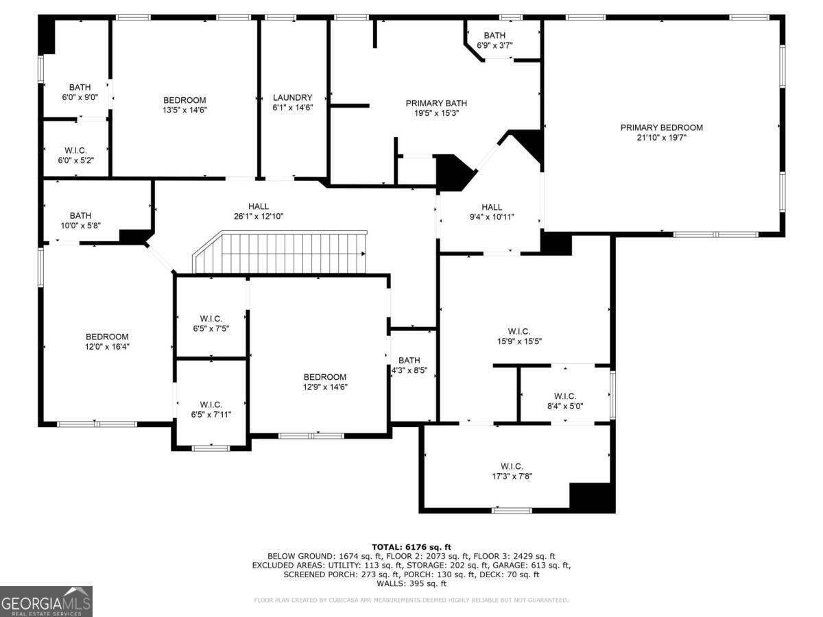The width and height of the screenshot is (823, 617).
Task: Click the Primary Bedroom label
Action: (661, 128)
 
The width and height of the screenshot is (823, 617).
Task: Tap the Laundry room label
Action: (292, 98)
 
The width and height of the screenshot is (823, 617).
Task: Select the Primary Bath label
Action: (431, 104)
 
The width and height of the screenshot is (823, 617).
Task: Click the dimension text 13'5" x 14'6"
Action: (184, 110)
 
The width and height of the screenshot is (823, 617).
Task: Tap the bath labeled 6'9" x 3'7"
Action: (494, 40)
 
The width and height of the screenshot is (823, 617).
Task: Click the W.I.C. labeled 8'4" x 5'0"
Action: (564, 400)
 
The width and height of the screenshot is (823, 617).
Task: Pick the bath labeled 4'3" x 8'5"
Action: (409, 365)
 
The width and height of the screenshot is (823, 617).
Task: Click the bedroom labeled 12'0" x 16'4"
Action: (107, 341)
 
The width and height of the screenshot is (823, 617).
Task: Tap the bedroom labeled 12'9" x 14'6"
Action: (324, 382)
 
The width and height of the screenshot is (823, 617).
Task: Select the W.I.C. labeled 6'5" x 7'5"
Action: (211, 323)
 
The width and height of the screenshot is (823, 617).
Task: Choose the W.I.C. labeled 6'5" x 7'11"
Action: (211, 409)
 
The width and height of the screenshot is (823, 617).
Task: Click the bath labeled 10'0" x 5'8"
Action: (80, 220)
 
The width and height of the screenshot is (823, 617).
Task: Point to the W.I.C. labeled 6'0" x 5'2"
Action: (75, 155)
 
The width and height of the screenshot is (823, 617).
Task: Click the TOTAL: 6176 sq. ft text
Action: (411, 546)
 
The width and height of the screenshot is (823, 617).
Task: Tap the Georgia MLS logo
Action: (46, 601)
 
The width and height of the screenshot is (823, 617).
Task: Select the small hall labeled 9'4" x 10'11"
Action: (491, 212)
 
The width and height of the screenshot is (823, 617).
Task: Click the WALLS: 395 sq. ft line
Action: (411, 583)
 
